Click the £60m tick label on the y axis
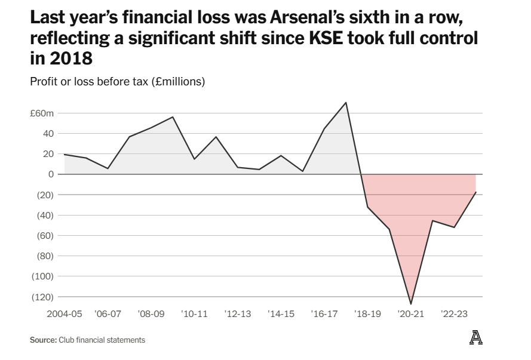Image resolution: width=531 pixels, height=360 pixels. (x=42, y=113)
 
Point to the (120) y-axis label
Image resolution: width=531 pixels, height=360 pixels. (x=42, y=297)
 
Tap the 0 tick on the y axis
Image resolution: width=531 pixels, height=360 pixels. (x=51, y=174)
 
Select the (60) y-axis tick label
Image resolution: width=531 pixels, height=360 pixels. (x=44, y=235)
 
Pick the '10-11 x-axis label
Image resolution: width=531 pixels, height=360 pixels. (x=195, y=313)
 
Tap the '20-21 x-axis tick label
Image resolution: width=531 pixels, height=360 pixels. (x=411, y=313)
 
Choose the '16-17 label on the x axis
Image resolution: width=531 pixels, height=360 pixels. (x=324, y=313)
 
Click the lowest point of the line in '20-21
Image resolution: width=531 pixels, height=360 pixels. (x=411, y=304)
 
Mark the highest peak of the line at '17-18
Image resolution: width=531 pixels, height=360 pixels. (x=346, y=103)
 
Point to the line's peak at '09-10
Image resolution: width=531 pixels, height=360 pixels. (x=173, y=117)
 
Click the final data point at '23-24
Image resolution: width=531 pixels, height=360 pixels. (x=476, y=192)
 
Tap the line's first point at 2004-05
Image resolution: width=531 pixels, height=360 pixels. (x=65, y=155)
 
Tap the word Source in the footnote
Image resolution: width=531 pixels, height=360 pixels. (x=43, y=340)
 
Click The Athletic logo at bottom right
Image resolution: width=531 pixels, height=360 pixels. (x=475, y=337)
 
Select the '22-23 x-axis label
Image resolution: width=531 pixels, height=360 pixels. (x=454, y=313)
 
